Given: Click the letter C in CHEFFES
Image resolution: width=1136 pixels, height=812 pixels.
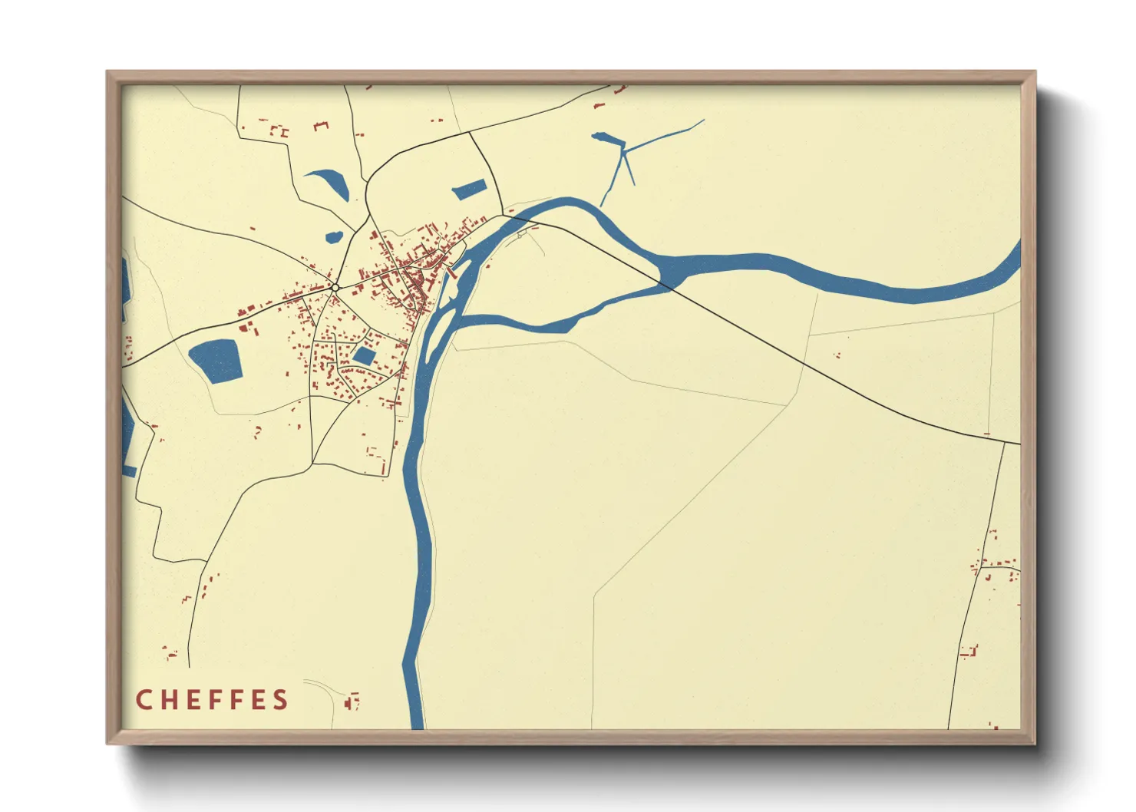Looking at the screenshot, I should point(144,700).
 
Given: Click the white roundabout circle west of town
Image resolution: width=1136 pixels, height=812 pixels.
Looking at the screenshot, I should point(335,288).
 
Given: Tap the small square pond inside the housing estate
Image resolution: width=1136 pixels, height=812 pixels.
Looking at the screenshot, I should point(364,356).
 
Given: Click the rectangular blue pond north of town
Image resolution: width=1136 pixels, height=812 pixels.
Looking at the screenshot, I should point(469,190).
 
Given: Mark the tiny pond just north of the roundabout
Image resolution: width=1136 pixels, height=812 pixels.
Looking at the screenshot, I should point(335,236).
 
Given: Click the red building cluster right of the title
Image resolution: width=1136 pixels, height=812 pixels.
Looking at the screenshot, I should point(352,701).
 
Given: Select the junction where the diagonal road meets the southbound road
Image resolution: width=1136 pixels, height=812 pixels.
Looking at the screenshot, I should point(1004,442).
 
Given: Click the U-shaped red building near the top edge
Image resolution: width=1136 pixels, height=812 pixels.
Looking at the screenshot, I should point(321,125).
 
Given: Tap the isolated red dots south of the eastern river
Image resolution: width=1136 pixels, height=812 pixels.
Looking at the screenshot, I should point(837,355).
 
